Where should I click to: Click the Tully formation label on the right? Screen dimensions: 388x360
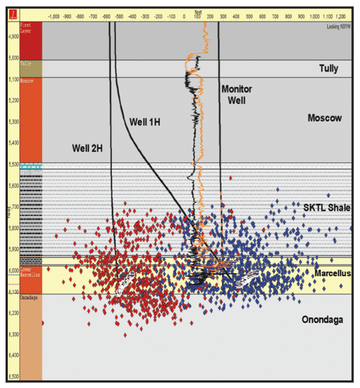tap(328, 69)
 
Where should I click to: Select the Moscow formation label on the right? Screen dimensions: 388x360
tap(325, 118)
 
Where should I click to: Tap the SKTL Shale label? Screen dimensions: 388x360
tap(327, 207)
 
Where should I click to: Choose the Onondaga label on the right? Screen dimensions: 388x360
tap(323, 320)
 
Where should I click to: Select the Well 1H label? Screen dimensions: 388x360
tap(145, 122)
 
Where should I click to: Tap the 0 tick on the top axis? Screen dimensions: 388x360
tap(184, 17)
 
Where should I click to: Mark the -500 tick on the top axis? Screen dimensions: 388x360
tap(119, 17)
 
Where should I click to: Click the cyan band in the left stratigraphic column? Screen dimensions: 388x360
tap(30, 165)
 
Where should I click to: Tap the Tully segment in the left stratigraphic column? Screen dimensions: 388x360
tap(30, 68)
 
